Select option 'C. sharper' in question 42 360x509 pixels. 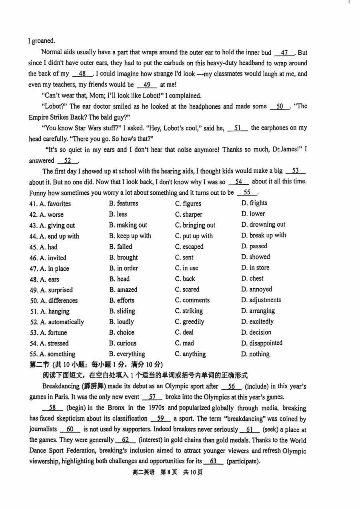[188, 214]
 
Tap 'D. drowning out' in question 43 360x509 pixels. [263, 225]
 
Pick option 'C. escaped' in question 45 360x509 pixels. [189, 247]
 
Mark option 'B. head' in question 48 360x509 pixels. [119, 279]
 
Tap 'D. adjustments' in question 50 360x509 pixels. [261, 300]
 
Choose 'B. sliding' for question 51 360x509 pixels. [122, 311]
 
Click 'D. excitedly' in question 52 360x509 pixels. [258, 321]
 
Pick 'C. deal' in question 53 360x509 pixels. [184, 332]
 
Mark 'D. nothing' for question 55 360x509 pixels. [255, 354]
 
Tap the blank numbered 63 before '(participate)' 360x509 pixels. [213, 461]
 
